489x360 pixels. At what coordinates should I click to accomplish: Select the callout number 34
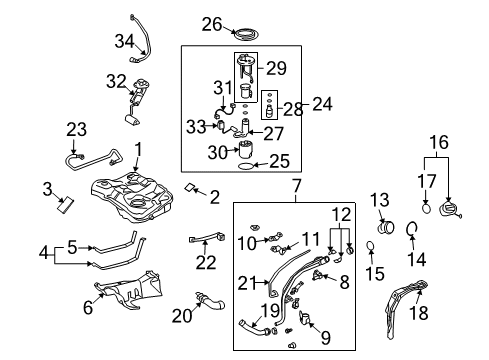(x=124, y=41)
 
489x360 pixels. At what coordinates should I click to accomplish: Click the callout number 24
(x=321, y=104)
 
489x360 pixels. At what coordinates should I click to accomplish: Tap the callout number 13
(x=379, y=200)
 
